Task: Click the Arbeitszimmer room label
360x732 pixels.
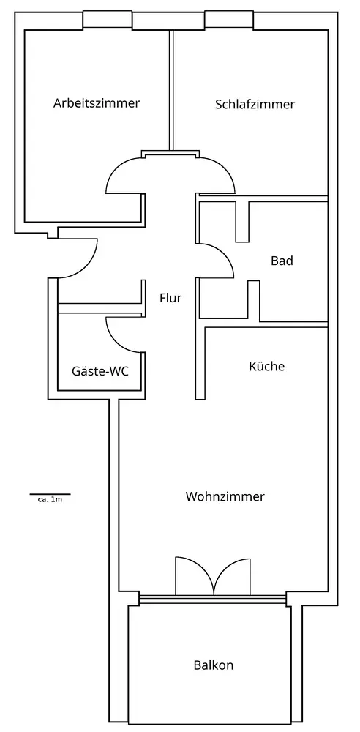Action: tap(96, 102)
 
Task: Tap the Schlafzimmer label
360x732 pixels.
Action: tap(255, 104)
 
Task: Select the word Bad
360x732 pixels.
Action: tap(282, 261)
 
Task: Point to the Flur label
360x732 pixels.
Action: tap(170, 298)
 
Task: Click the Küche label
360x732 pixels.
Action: tap(266, 366)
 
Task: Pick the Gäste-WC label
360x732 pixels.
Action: tap(100, 371)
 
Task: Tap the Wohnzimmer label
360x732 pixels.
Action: tap(225, 496)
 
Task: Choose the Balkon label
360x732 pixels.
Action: tap(214, 665)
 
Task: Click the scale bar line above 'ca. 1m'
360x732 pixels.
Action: tap(50, 494)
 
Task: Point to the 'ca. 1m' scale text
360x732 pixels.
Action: tap(50, 500)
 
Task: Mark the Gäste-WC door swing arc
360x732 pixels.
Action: tap(117, 342)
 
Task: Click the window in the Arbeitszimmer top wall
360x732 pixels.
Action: tap(108, 20)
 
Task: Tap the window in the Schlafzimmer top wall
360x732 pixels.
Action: tap(229, 20)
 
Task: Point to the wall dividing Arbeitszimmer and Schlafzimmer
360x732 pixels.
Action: tap(171, 90)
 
